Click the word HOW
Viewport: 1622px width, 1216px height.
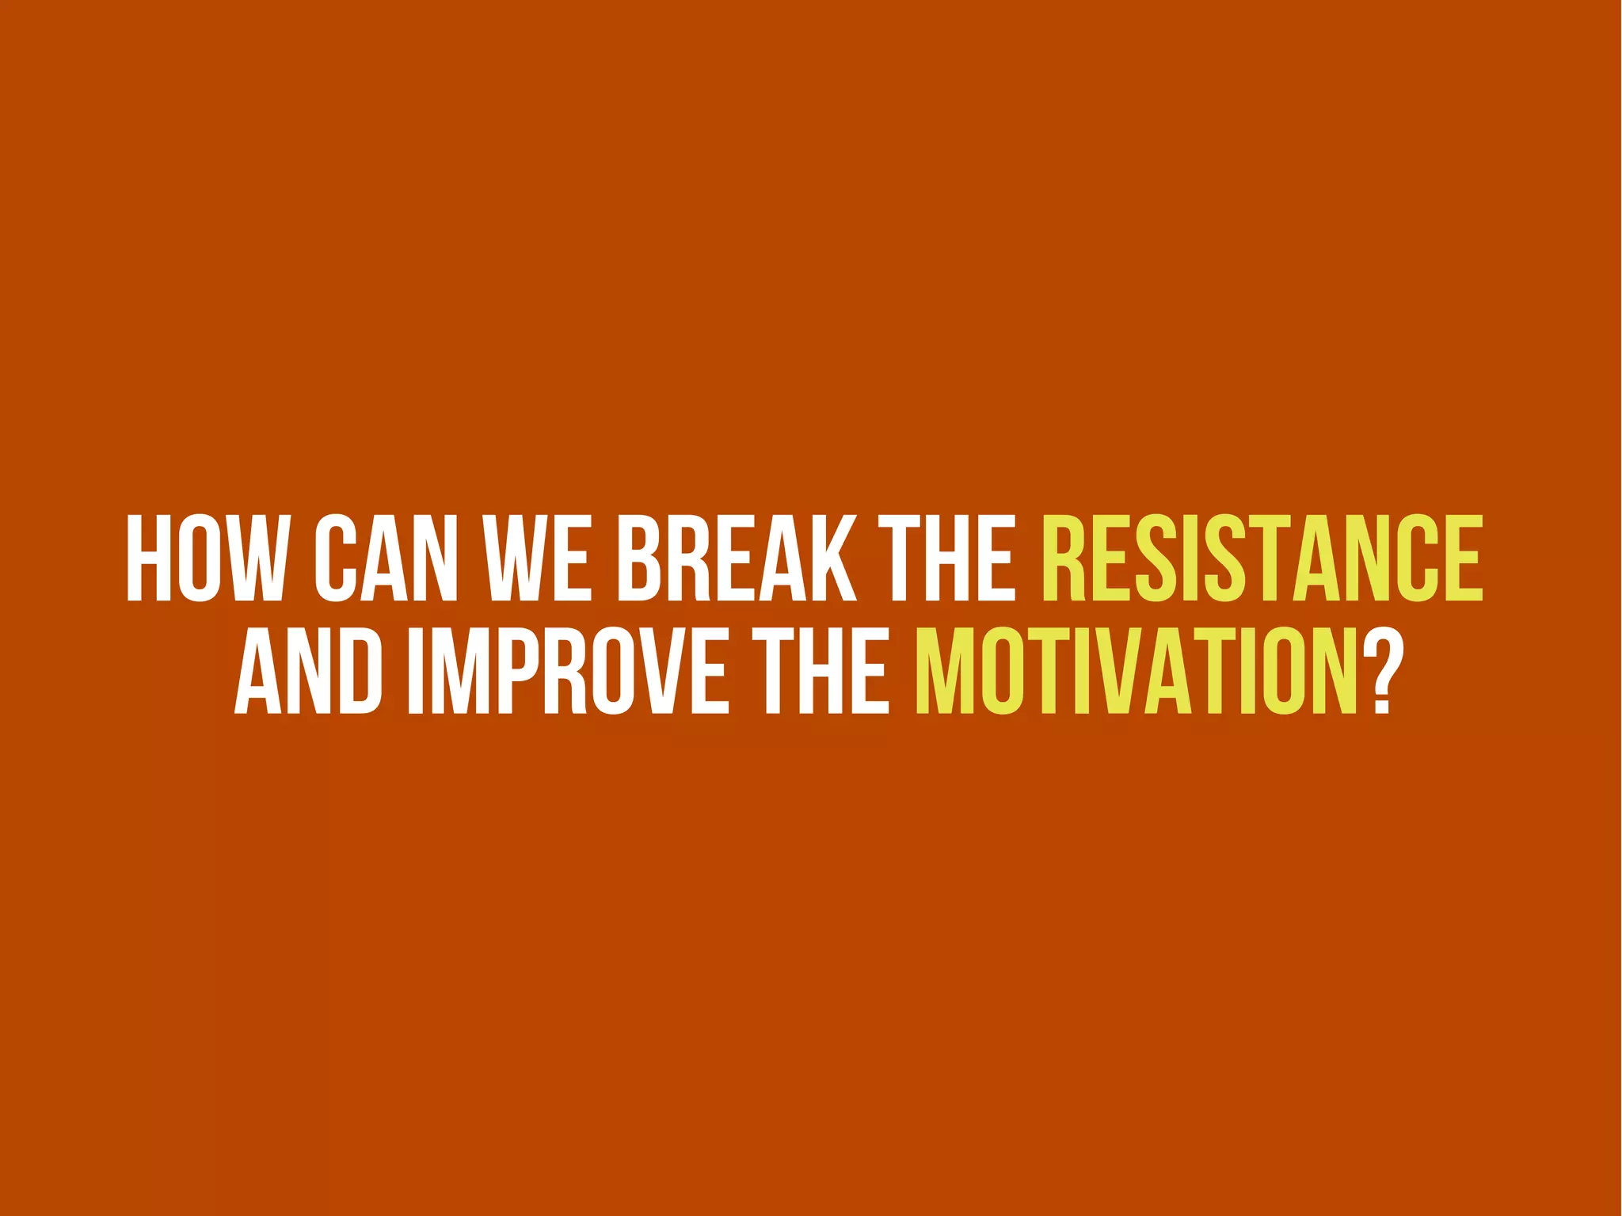click(204, 558)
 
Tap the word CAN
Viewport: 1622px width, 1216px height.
click(386, 558)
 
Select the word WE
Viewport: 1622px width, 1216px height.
click(538, 558)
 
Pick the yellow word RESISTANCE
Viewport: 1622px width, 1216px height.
click(1262, 558)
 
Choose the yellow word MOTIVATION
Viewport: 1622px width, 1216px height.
click(1137, 671)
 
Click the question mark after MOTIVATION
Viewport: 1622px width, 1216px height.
click(1381, 671)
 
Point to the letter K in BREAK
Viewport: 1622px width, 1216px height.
click(831, 558)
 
